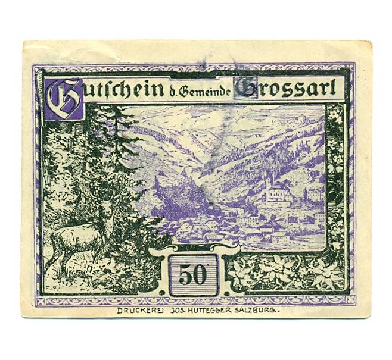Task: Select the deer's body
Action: tap(77, 238)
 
